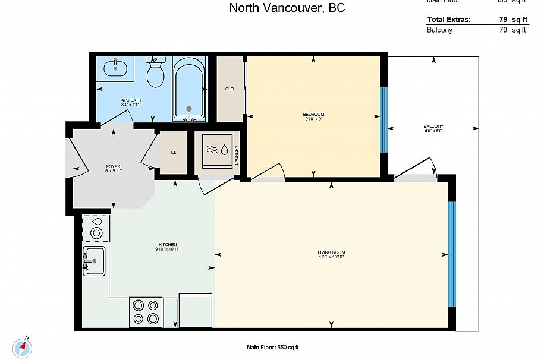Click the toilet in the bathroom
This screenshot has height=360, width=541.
[x=155, y=74]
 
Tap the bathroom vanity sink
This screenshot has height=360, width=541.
[x=115, y=68]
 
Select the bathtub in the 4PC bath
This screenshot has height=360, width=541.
[x=189, y=89]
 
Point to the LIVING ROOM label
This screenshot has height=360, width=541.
[x=331, y=254]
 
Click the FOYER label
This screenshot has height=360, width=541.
[x=113, y=168]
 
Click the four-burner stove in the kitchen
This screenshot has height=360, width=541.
[x=146, y=312]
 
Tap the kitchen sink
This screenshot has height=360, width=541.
[x=94, y=260]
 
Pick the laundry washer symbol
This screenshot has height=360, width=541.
[x=217, y=150]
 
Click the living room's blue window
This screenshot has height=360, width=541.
[x=451, y=254]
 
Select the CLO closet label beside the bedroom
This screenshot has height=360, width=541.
[x=229, y=89]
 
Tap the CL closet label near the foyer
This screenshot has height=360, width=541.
[x=174, y=153]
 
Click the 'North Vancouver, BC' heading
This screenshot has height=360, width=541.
[x=287, y=8]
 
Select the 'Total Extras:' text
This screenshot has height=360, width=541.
[x=449, y=20]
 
